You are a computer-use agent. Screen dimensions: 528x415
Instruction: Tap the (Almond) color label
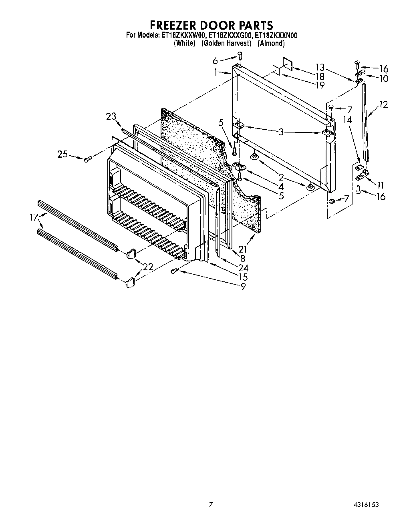pyautogui.click(x=271, y=43)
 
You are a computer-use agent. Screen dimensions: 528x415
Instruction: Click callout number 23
pyautogui.click(x=111, y=116)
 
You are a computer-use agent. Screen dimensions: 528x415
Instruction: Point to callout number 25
pyautogui.click(x=62, y=154)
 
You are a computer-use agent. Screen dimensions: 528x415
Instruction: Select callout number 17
pyautogui.click(x=34, y=217)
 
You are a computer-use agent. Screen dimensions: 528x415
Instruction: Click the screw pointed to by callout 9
pyautogui.click(x=174, y=271)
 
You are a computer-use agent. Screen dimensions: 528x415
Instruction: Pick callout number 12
pyautogui.click(x=383, y=104)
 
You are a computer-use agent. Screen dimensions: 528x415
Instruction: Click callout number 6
pyautogui.click(x=215, y=60)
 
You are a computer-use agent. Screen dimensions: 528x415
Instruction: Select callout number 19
pyautogui.click(x=320, y=85)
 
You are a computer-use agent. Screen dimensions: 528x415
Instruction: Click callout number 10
pyautogui.click(x=384, y=78)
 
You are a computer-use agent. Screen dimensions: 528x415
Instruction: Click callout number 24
pyautogui.click(x=243, y=268)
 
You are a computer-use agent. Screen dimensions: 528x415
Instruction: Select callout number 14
pyautogui.click(x=347, y=120)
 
